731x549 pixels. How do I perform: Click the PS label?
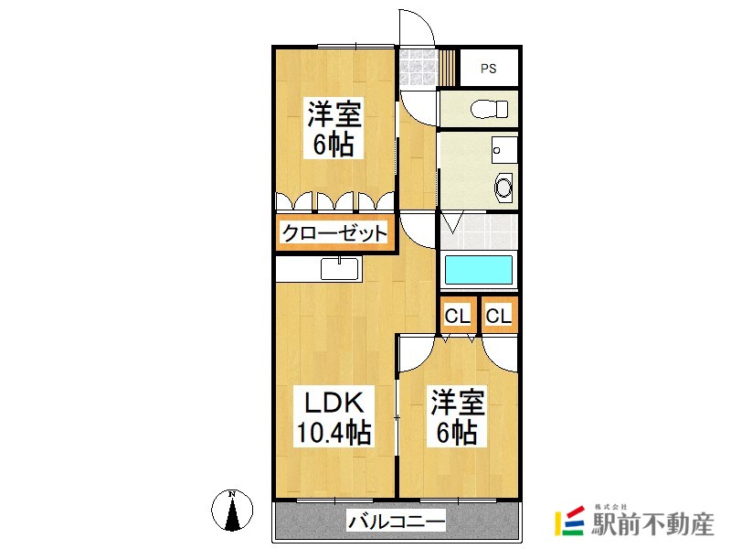[x=489, y=68]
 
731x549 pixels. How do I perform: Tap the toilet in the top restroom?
[x=488, y=109]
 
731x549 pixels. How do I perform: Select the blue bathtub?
[x=478, y=270]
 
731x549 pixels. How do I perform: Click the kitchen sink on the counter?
[x=341, y=269]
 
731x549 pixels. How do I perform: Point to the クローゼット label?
[x=334, y=232]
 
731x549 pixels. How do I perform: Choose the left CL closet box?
[x=457, y=317]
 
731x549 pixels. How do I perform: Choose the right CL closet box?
[x=499, y=317]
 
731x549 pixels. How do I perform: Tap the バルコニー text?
[x=396, y=523]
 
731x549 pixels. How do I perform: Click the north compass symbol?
[x=232, y=510]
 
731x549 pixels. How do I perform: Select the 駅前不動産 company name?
[x=652, y=525]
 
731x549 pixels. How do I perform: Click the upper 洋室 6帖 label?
[x=334, y=129]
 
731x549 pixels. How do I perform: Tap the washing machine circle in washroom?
[x=503, y=188]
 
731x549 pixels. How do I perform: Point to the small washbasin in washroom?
[x=498, y=147]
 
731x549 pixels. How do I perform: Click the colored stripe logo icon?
[x=570, y=522]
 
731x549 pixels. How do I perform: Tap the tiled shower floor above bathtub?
[x=478, y=230]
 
